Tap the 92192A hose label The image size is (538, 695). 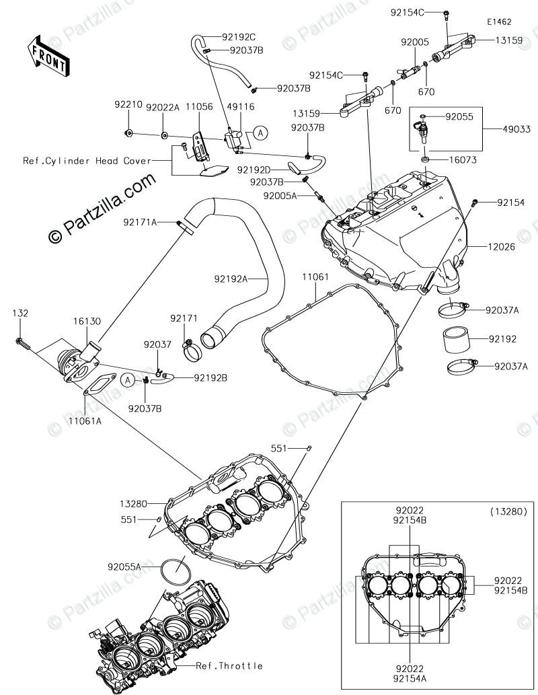click(231, 279)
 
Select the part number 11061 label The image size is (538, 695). click(315, 277)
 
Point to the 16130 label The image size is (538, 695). click(87, 322)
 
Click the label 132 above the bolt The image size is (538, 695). click(20, 314)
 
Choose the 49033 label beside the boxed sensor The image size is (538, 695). click(516, 129)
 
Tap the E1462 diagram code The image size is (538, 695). click(500, 22)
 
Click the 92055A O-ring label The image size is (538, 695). click(124, 566)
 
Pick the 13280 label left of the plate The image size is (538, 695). click(133, 503)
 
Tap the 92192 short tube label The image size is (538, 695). click(503, 339)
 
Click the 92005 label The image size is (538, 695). click(415, 42)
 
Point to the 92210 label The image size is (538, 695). click(128, 105)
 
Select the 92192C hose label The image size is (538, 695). click(239, 37)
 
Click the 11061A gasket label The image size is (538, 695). click(85, 420)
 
